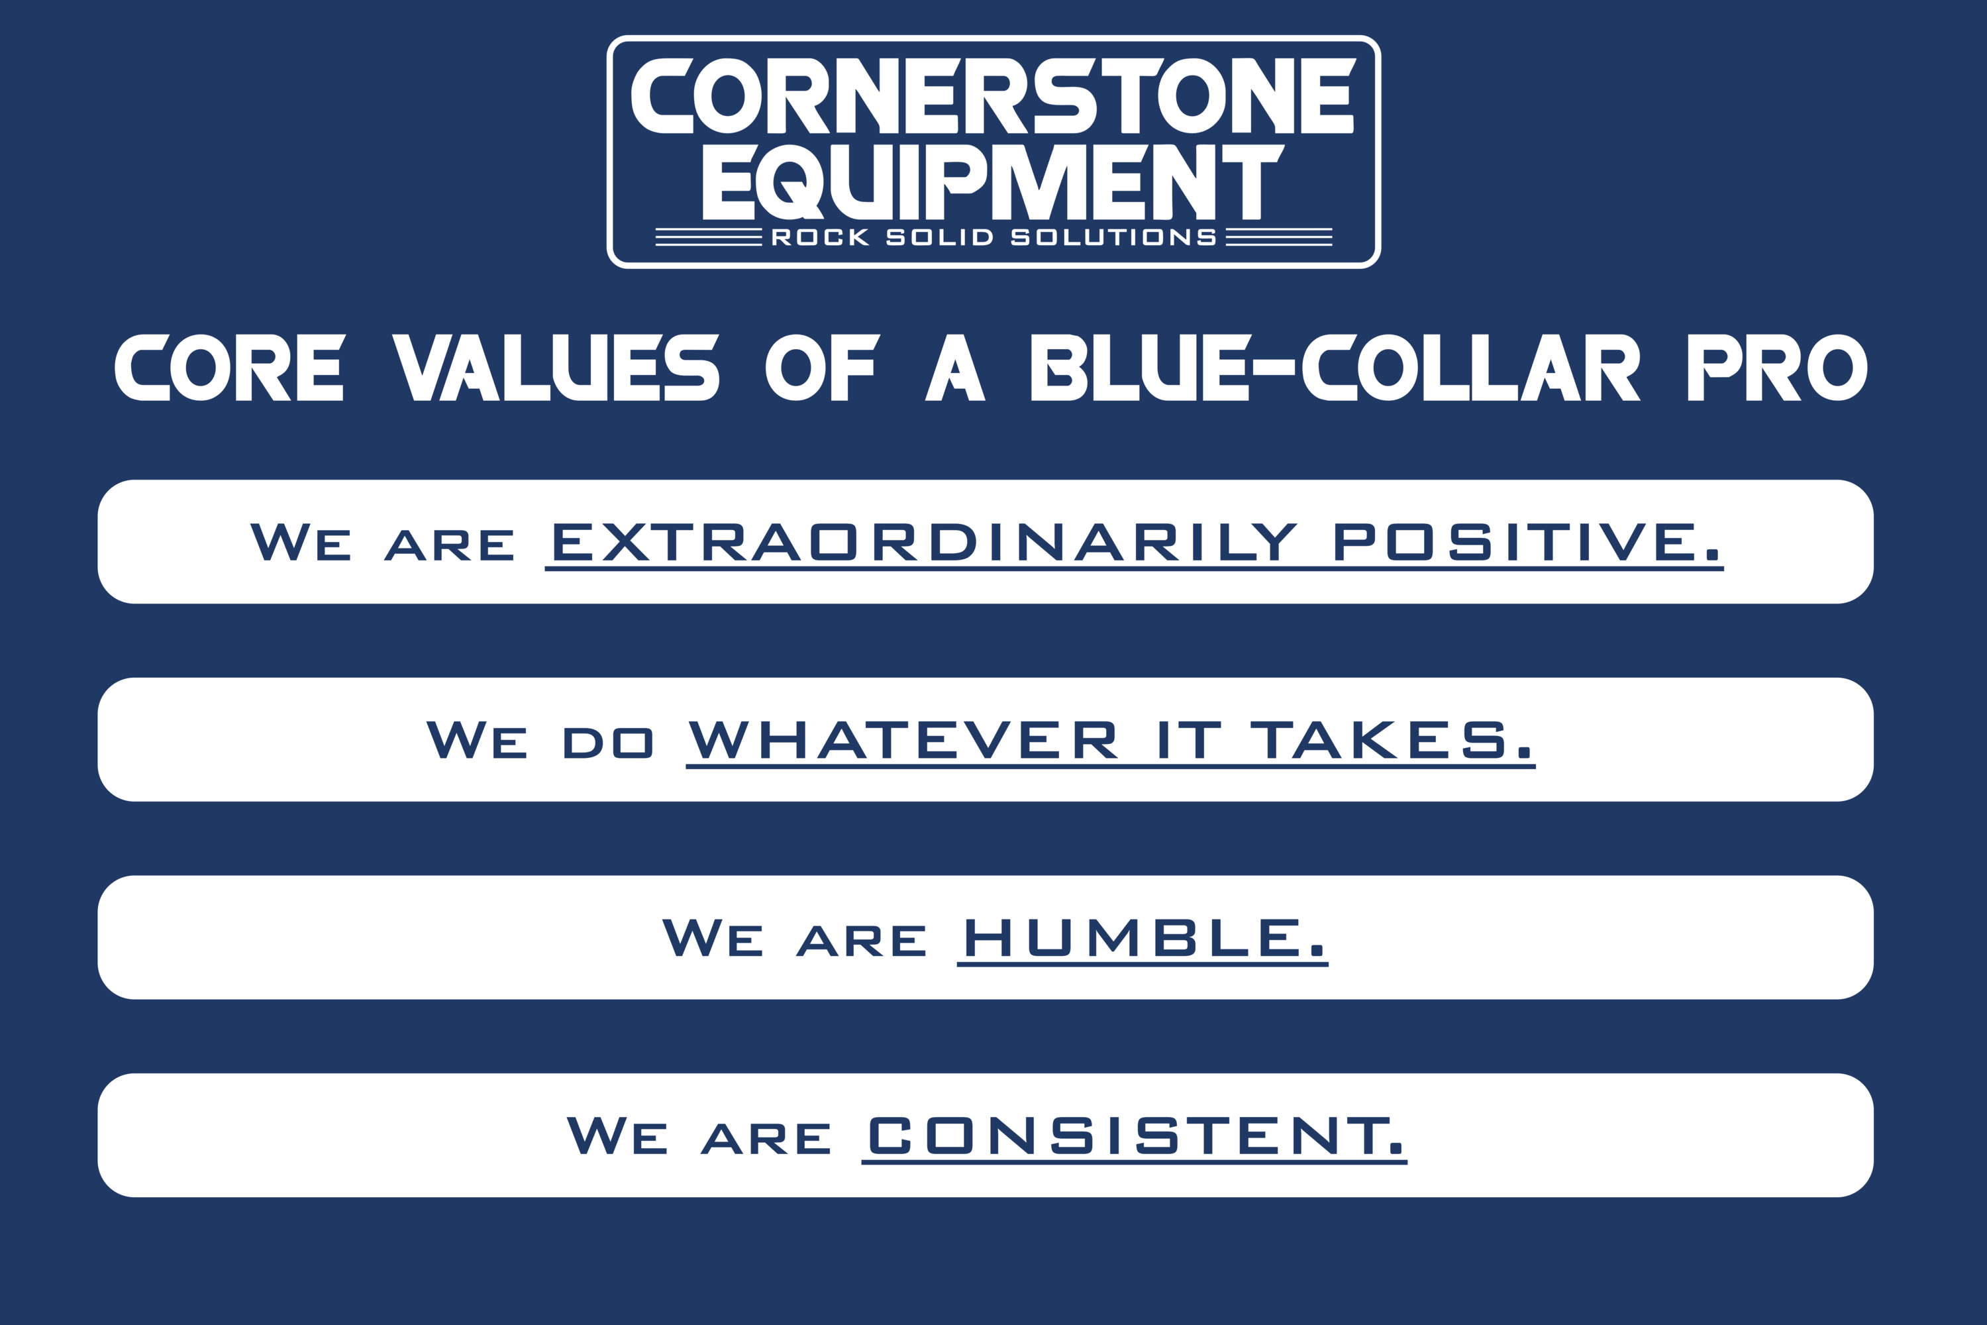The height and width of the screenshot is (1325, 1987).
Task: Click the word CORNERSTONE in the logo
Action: pyautogui.click(x=993, y=95)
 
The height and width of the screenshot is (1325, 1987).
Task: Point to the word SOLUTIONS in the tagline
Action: pyautogui.click(x=1113, y=237)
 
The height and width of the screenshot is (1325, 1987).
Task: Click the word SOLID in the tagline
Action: pyautogui.click(x=939, y=237)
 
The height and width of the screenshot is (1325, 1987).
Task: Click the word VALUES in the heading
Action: pyautogui.click(x=556, y=368)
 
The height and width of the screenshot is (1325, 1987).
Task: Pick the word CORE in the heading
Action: pyautogui.click(x=230, y=368)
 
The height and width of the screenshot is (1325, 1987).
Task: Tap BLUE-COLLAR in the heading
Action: pyautogui.click(x=1335, y=368)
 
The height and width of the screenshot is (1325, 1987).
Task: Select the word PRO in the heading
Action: pyautogui.click(x=1778, y=368)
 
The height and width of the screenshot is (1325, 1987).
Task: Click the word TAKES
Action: pyautogui.click(x=1390, y=739)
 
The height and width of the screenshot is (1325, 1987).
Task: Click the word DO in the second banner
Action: pyautogui.click(x=607, y=743)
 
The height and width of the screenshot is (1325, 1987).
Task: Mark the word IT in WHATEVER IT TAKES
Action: pyautogui.click(x=1189, y=739)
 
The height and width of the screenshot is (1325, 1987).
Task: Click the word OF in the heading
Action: pyautogui.click(x=822, y=368)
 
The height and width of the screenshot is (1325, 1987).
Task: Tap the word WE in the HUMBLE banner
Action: pyautogui.click(x=712, y=938)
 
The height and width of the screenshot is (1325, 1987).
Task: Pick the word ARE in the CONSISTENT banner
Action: pyautogui.click(x=766, y=1138)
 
